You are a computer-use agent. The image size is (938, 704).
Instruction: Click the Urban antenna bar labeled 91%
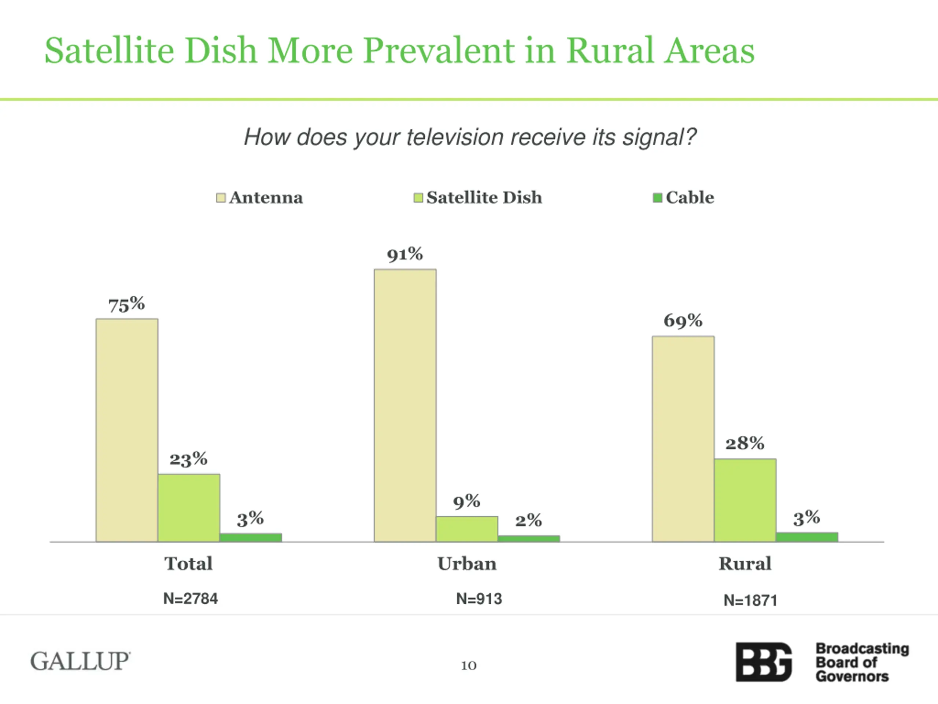pyautogui.click(x=405, y=405)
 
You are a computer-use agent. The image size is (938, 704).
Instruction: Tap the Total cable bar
pyautogui.click(x=251, y=537)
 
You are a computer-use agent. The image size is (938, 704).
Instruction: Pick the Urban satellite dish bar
pyautogui.click(x=467, y=529)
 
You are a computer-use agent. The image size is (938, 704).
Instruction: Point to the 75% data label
pyautogui.click(x=126, y=305)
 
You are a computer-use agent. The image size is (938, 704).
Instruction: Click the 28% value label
pyautogui.click(x=745, y=443)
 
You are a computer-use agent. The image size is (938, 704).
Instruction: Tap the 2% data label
pyautogui.click(x=528, y=520)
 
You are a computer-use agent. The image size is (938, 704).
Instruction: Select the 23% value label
pyautogui.click(x=188, y=459)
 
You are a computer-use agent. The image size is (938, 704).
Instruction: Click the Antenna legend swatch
pyautogui.click(x=221, y=198)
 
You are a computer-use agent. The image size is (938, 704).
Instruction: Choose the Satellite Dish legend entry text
pyautogui.click(x=484, y=198)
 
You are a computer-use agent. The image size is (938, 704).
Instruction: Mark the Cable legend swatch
pyautogui.click(x=657, y=198)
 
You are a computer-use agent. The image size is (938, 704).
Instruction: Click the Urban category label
pyautogui.click(x=467, y=564)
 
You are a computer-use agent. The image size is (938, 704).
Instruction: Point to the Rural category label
pyautogui.click(x=745, y=564)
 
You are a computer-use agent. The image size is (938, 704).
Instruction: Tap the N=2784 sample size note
pyautogui.click(x=191, y=599)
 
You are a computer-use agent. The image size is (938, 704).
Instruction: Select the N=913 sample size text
pyautogui.click(x=479, y=599)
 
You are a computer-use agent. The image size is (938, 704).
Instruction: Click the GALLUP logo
pyautogui.click(x=80, y=661)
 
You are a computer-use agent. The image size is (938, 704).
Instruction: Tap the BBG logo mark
pyautogui.click(x=763, y=662)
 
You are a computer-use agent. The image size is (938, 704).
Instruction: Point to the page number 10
pyautogui.click(x=469, y=665)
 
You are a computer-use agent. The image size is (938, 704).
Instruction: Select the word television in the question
pyautogui.click(x=455, y=137)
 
